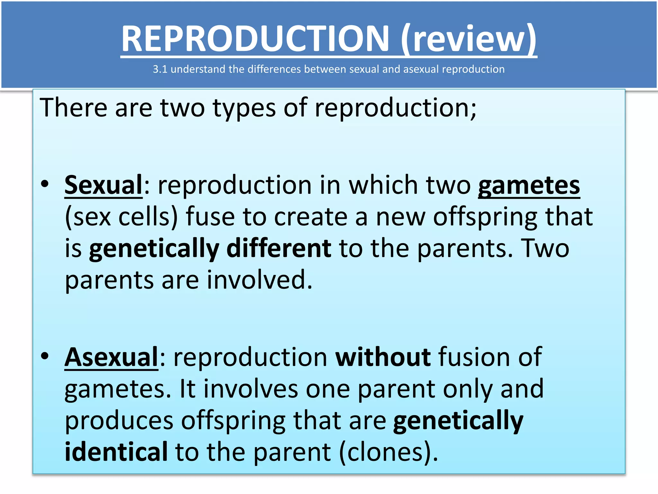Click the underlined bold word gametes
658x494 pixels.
529,186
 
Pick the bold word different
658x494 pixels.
279,248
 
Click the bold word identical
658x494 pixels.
116,452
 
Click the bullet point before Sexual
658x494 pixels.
45,184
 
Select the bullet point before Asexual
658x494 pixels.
45,356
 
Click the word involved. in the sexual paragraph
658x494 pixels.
260,280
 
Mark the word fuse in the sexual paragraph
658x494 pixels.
210,217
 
